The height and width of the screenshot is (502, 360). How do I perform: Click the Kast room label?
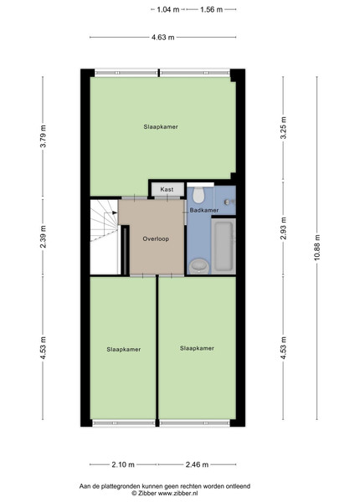click(x=167, y=190)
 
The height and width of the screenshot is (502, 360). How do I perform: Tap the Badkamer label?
click(x=204, y=210)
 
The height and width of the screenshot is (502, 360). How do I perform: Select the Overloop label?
click(x=156, y=238)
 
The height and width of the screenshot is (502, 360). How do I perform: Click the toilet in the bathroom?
click(x=198, y=195)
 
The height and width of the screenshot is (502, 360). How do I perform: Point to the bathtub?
click(x=224, y=246)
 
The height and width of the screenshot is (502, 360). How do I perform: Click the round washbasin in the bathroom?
click(x=199, y=266)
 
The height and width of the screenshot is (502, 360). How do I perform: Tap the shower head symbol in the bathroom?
click(x=229, y=202)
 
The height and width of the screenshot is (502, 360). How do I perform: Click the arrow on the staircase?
click(x=115, y=213)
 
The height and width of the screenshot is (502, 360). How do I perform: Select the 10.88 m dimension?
click(x=316, y=248)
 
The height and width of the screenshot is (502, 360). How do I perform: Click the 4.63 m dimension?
click(x=163, y=38)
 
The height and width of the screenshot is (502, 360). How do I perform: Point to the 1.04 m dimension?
click(x=167, y=9)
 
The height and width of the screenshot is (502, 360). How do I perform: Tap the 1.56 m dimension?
click(x=211, y=9)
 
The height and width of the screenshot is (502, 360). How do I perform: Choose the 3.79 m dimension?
click(x=43, y=136)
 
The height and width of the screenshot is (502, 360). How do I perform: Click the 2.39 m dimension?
click(x=43, y=237)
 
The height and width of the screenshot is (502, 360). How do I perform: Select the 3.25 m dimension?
click(x=283, y=128)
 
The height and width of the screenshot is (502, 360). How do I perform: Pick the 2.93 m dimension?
click(x=283, y=228)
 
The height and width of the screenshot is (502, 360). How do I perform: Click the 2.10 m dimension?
click(x=123, y=464)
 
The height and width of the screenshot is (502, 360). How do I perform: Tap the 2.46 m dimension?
click(x=198, y=464)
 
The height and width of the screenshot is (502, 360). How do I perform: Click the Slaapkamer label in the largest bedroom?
click(x=161, y=127)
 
